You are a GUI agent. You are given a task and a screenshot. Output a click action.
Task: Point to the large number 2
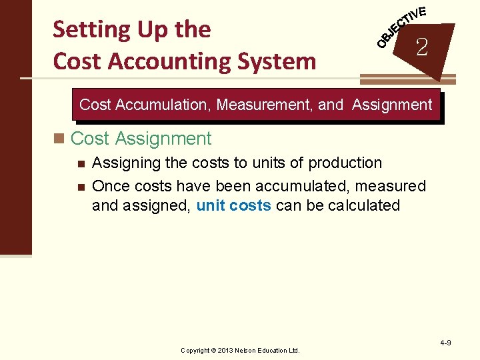click(421, 47)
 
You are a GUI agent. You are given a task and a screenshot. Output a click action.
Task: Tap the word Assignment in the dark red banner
click(392, 105)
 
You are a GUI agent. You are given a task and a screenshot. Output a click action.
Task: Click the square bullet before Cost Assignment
click(61, 139)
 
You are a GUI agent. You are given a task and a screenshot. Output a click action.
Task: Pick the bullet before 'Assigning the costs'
click(80, 163)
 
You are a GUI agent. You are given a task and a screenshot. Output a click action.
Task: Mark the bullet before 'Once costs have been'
click(80, 185)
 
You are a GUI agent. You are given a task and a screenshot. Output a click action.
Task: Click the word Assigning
click(123, 163)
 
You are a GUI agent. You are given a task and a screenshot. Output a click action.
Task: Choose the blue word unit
click(210, 205)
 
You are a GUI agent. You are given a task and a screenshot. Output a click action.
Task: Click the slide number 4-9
click(445, 343)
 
